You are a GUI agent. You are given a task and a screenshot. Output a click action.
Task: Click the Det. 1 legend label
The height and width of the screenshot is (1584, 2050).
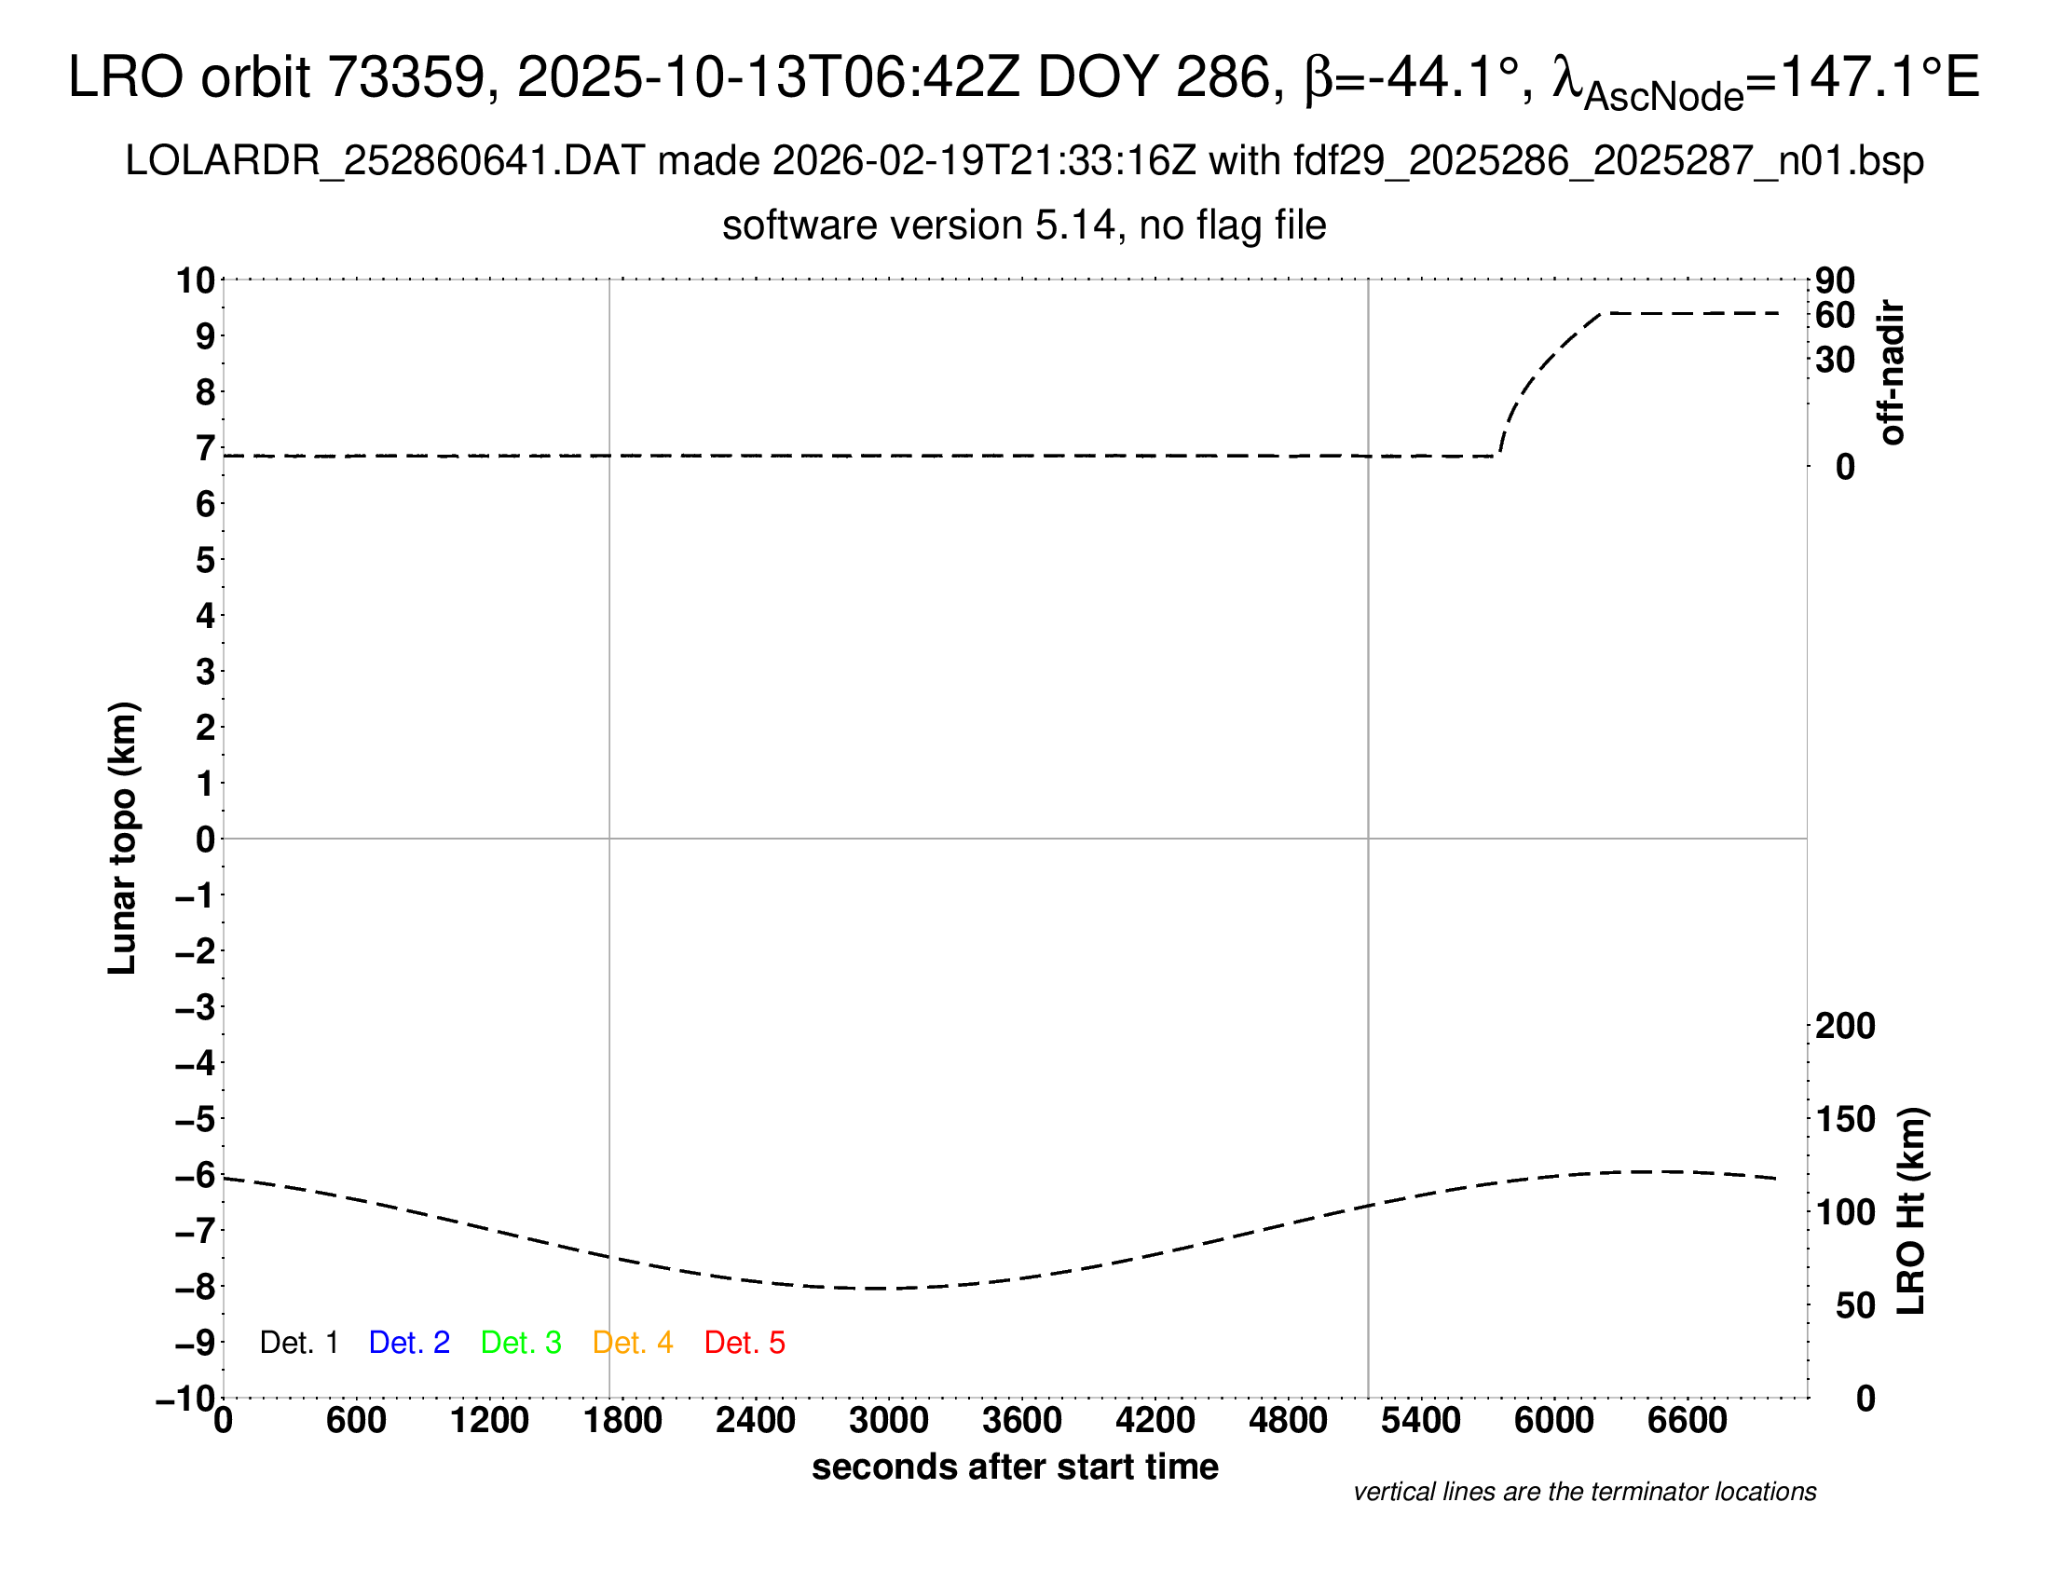[x=298, y=1343]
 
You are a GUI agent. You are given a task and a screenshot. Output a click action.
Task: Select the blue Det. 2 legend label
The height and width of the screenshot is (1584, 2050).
[x=409, y=1343]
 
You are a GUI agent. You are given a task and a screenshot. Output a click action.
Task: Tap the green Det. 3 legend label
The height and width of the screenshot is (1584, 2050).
[x=521, y=1343]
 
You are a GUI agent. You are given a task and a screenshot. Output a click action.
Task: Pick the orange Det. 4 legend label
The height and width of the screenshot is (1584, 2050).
[x=633, y=1343]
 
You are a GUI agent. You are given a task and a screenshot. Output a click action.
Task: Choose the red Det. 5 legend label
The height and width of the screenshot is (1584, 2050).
[x=745, y=1343]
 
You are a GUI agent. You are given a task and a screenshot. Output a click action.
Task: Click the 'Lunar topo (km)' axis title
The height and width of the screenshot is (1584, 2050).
[x=122, y=838]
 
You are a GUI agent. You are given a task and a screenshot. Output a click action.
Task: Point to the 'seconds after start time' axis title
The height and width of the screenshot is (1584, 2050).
[x=1015, y=1467]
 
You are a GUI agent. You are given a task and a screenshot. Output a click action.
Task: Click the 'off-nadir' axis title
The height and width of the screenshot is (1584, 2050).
[x=1892, y=373]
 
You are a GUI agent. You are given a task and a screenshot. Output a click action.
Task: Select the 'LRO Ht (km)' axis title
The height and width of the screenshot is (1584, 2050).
[x=1911, y=1211]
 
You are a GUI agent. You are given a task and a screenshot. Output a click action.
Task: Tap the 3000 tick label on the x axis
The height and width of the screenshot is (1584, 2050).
[x=889, y=1421]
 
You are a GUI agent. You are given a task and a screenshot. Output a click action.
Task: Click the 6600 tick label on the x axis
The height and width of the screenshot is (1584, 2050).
[x=1687, y=1421]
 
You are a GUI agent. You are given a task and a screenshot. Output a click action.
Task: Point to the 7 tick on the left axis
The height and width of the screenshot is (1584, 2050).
[x=205, y=448]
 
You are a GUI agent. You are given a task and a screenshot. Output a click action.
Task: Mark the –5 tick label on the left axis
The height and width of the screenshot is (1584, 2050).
[x=196, y=1119]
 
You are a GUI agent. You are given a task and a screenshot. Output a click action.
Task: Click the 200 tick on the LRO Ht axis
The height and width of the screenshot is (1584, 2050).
[x=1845, y=1026]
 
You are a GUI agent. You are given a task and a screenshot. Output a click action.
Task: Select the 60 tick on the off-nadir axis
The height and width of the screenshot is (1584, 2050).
[x=1835, y=315]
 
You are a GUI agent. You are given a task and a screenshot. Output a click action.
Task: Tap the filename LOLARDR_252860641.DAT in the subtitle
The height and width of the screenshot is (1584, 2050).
[x=385, y=161]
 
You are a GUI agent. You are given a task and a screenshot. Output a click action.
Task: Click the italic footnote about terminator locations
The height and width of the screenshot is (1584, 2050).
[x=1584, y=1492]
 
